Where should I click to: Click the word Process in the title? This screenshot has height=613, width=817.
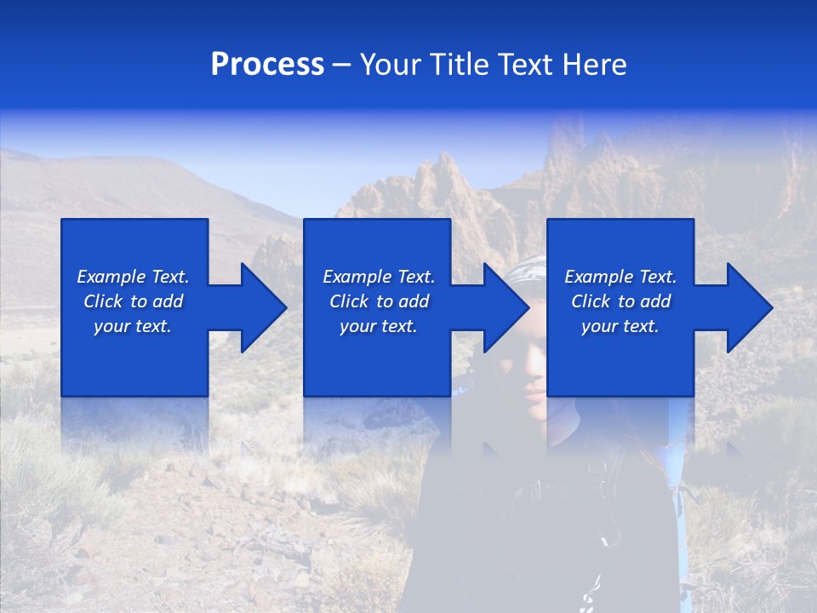tap(267, 65)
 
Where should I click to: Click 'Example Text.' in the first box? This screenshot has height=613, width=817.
tap(133, 277)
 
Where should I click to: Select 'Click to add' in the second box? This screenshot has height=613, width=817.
tap(379, 301)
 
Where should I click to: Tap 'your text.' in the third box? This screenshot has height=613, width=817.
tap(620, 326)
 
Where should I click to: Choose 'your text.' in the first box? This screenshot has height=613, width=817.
tap(133, 326)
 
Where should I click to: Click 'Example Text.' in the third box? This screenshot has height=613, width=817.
tap(620, 277)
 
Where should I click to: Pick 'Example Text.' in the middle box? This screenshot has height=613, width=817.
tap(379, 277)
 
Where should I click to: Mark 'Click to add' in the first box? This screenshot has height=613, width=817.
tap(133, 301)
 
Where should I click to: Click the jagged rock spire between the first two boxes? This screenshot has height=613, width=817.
tap(277, 255)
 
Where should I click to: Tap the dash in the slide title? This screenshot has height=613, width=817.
tap(342, 65)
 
